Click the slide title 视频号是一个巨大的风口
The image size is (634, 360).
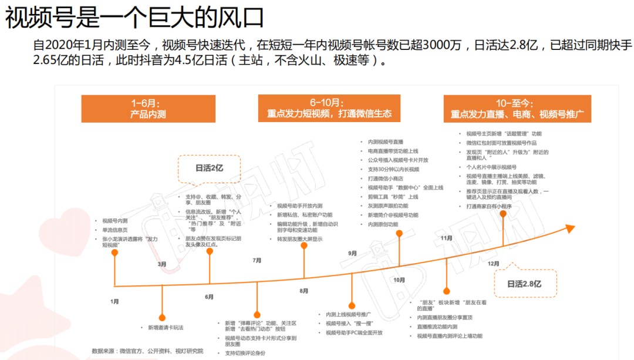point(134,18)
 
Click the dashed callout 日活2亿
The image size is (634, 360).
point(209,168)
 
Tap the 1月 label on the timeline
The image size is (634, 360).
point(114,301)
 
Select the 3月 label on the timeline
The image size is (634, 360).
point(162,264)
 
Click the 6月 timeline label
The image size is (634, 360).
point(210,297)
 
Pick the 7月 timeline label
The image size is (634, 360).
point(257,260)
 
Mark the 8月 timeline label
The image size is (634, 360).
point(304,291)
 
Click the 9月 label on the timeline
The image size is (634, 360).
point(352,253)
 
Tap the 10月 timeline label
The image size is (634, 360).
point(399,280)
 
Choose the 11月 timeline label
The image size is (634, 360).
point(446,238)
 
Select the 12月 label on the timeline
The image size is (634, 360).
point(494,264)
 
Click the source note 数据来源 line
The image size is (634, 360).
point(147,351)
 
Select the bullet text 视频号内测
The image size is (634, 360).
point(115,221)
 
